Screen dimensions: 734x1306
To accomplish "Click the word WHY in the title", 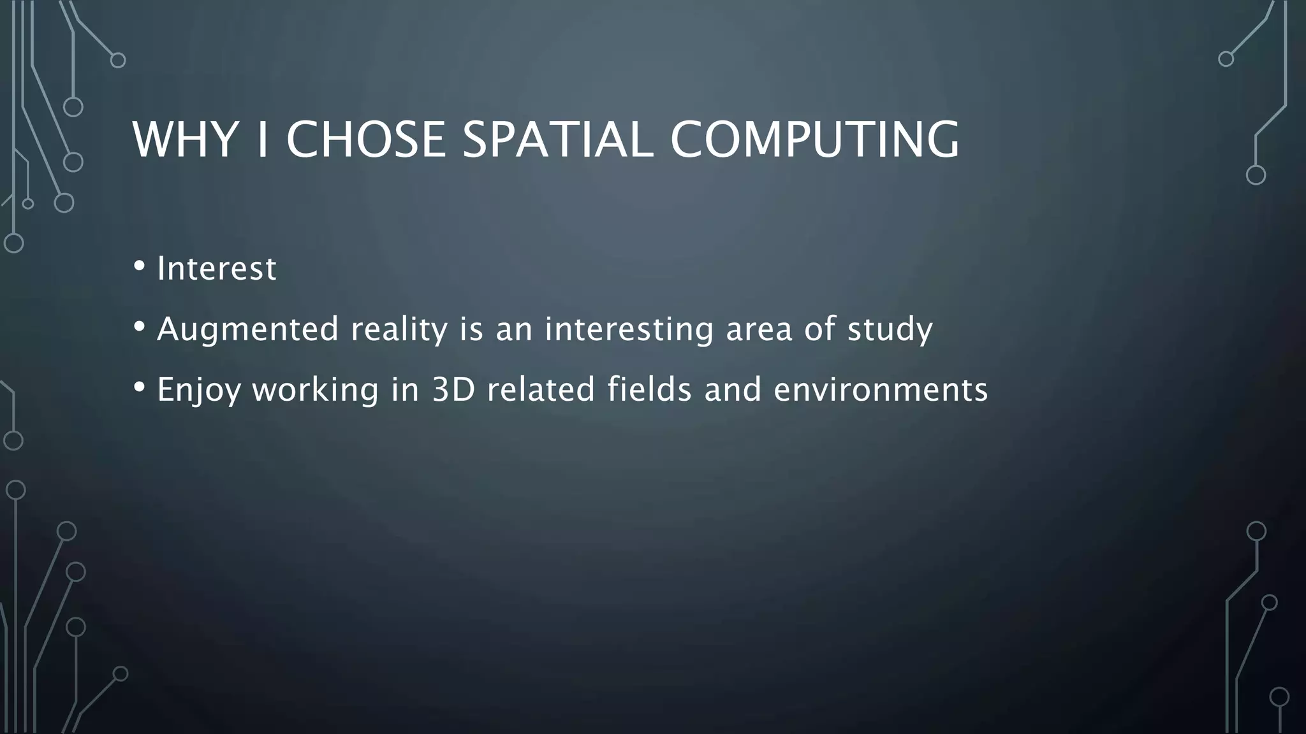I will pos(184,140).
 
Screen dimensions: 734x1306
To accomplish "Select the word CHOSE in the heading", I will pos(365,140).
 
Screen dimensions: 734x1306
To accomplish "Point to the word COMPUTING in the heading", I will pos(814,140).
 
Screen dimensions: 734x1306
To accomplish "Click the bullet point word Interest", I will pos(217,268).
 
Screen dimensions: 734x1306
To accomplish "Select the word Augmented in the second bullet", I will pos(247,329).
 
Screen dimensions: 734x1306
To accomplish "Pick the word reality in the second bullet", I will pos(399,330).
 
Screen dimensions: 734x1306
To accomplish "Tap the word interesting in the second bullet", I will pos(629,330).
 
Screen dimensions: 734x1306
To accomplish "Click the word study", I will pos(890,330).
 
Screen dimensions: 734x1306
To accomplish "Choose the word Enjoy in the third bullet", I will pos(198,391).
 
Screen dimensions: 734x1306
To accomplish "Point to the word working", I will pos(316,391).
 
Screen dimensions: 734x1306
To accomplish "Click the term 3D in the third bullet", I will pos(453,389).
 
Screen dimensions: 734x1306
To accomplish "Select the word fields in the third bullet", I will pos(649,389).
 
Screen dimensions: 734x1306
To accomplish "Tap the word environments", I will pos(881,389).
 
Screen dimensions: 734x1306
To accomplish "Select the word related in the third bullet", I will pos(541,389).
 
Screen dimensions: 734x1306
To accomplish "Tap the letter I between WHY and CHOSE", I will pos(261,140).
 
